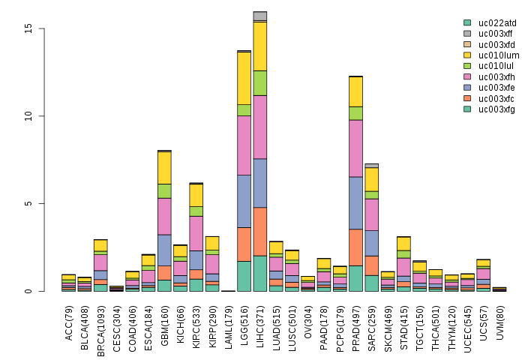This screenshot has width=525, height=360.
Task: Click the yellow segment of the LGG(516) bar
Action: click(244, 78)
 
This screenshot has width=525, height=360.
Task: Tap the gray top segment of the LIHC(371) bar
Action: click(260, 16)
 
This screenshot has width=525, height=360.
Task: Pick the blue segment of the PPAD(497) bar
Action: click(355, 202)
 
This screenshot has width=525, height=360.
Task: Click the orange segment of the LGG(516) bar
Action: click(244, 244)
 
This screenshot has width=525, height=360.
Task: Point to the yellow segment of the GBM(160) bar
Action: click(164, 168)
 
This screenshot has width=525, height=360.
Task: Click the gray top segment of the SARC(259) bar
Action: click(372, 166)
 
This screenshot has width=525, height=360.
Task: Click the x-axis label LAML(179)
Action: click(228, 318)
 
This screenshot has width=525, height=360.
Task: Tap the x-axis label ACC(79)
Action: click(69, 316)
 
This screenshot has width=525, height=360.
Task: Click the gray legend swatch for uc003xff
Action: click(467, 34)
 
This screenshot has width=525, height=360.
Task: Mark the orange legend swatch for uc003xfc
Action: click(467, 98)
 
